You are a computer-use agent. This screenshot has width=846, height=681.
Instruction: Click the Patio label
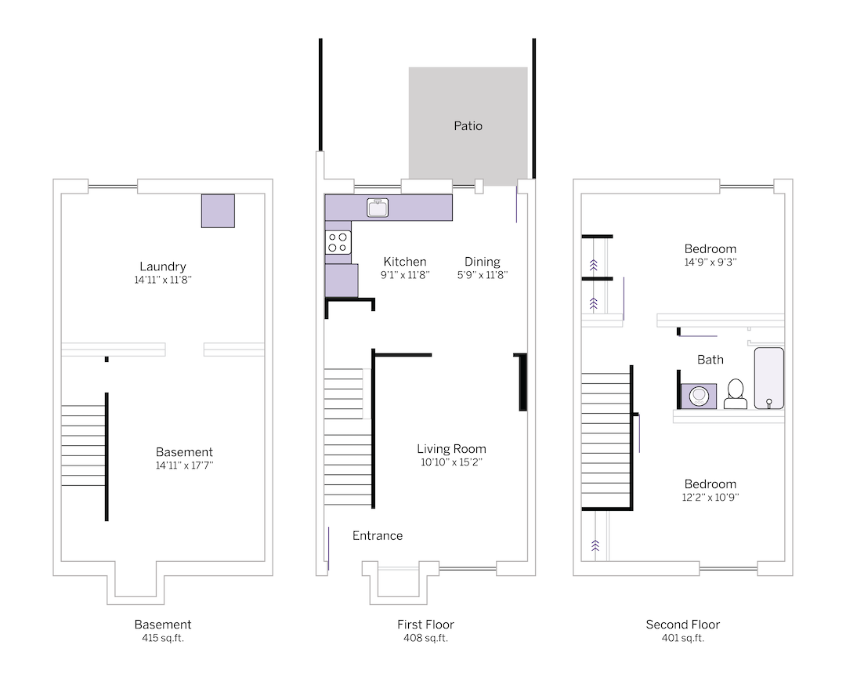pos(468,125)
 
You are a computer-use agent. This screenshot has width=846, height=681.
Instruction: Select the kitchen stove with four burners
pos(338,242)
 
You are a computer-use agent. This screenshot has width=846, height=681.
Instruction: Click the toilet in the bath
pos(736,393)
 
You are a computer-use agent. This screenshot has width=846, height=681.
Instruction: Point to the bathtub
pos(768,379)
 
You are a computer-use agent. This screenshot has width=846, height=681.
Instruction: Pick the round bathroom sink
pos(698,397)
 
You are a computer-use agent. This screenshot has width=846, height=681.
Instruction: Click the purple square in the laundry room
pos(218,211)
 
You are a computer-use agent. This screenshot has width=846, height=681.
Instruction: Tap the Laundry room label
pos(162,266)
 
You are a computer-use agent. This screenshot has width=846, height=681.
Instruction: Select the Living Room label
pos(451,449)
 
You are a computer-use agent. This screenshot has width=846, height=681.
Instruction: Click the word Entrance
pos(378,536)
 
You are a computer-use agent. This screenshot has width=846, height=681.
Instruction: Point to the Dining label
pos(482,262)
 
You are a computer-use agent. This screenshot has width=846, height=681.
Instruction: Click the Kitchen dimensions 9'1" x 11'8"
pos(404,275)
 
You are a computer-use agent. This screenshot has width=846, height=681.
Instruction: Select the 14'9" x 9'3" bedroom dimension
pos(710,263)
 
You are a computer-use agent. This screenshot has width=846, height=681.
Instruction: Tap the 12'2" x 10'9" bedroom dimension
pos(710,498)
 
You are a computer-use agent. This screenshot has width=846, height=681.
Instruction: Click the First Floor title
pos(425,625)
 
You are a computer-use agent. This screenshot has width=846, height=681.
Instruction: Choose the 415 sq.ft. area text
pos(163,638)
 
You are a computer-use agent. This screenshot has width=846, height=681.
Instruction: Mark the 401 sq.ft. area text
pos(683,638)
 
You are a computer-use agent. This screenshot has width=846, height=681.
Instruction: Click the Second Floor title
pos(683,625)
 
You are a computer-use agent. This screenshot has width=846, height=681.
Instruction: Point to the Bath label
pos(710,360)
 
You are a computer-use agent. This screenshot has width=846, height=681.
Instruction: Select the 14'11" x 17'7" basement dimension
pos(184,465)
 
